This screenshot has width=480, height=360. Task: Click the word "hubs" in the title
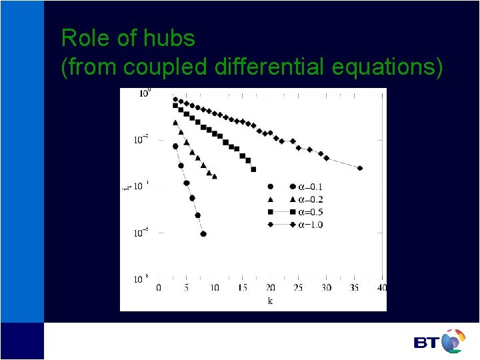[172, 38]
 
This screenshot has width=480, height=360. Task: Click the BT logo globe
[453, 341]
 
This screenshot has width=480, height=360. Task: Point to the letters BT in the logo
[426, 343]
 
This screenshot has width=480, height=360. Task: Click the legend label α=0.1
[310, 187]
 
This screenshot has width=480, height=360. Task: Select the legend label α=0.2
[310, 199]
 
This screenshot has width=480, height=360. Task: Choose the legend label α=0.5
[310, 212]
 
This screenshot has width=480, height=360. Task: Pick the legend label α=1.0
[310, 225]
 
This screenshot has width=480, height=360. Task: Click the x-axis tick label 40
[381, 287]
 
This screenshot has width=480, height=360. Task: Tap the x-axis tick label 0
[159, 287]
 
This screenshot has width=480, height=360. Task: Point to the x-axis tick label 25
[298, 287]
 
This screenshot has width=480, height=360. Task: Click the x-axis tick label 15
[242, 287]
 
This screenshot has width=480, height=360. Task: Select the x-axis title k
[270, 301]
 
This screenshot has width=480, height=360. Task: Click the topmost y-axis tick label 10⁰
[145, 93]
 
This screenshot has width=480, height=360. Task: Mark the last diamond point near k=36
[360, 168]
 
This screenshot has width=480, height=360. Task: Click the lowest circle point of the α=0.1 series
[203, 234]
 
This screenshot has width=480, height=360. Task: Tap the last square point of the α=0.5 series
[253, 169]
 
